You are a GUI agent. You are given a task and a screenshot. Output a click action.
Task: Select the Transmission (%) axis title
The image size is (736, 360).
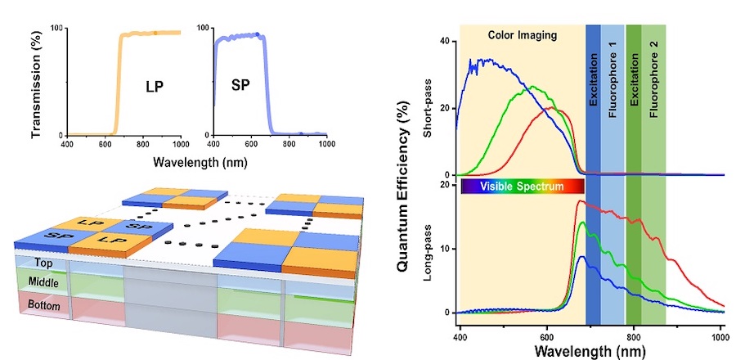37,82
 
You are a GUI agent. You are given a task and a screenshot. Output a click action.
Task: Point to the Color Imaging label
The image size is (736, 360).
522,35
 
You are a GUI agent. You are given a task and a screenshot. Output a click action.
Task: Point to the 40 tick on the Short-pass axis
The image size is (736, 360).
446,42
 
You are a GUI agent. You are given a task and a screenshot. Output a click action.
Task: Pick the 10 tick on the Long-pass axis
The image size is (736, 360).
447,249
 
